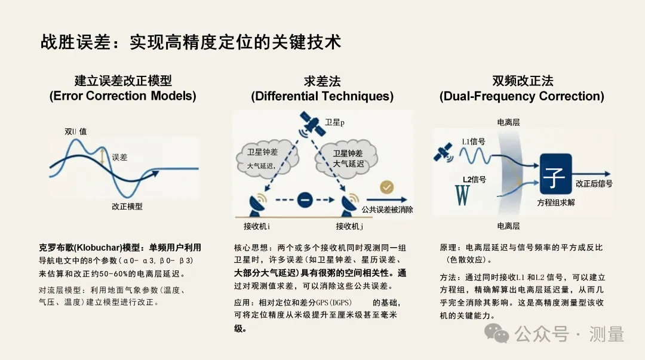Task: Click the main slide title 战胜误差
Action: tap(191, 41)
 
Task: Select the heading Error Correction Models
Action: tap(122, 96)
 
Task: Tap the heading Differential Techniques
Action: tap(322, 96)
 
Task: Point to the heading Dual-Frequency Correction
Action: tap(521, 96)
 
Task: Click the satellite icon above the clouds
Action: tap(310, 124)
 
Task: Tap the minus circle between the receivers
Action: tap(305, 201)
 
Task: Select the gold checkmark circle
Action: tap(387, 187)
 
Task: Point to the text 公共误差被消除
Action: tap(387, 210)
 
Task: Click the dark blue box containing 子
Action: tap(555, 174)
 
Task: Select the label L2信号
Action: tap(474, 179)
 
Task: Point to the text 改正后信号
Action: tap(594, 183)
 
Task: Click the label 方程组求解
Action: tap(555, 202)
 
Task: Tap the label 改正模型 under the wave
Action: tap(127, 207)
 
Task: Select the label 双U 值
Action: tap(76, 131)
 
